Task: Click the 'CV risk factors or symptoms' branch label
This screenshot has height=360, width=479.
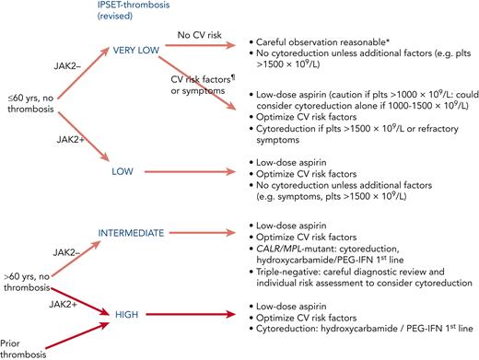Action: (193, 92)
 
